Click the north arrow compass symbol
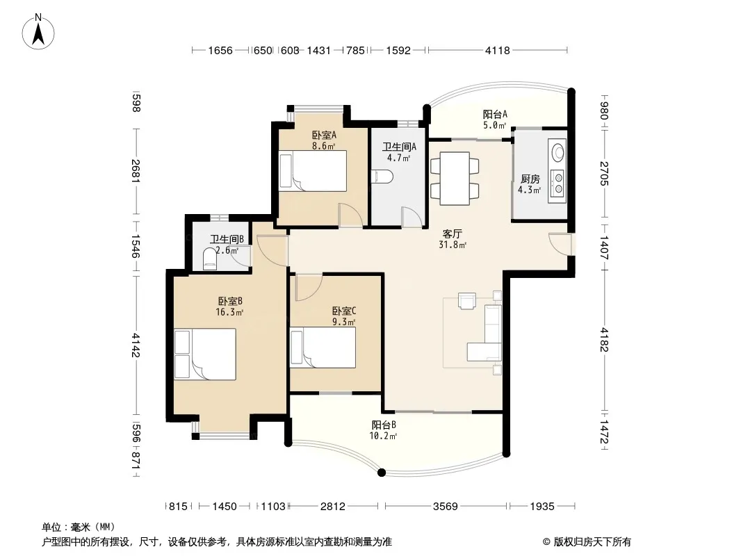pyautogui.click(x=38, y=31)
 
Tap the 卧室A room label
pyautogui.click(x=324, y=135)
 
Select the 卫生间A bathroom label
pyautogui.click(x=399, y=147)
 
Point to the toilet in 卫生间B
pyautogui.click(x=210, y=259)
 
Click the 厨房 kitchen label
pyautogui.click(x=530, y=179)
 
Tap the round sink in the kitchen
pyautogui.click(x=558, y=152)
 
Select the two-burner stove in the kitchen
pyautogui.click(x=558, y=183)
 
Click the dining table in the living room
pyautogui.click(x=455, y=179)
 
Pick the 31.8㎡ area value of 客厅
pyautogui.click(x=453, y=245)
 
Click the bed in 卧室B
pyautogui.click(x=205, y=354)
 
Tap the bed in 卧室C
pyautogui.click(x=323, y=347)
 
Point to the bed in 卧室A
pyautogui.click(x=313, y=171)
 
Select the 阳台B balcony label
pyautogui.click(x=383, y=425)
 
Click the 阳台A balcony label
pyautogui.click(x=495, y=114)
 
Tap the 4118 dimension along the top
pyautogui.click(x=497, y=51)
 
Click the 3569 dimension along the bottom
pyautogui.click(x=445, y=507)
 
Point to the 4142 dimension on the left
pyautogui.click(x=136, y=345)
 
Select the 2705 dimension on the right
pyautogui.click(x=605, y=174)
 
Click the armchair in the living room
pyautogui.click(x=467, y=301)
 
